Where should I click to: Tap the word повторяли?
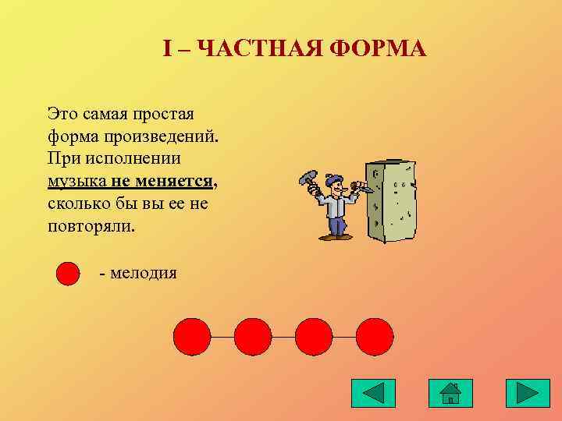90,228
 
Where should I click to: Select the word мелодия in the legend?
143,273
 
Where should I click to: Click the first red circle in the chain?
192,337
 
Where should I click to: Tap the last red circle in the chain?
375,337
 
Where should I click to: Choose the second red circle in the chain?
253,337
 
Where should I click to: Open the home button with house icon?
450,393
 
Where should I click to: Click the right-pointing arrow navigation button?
528,393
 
